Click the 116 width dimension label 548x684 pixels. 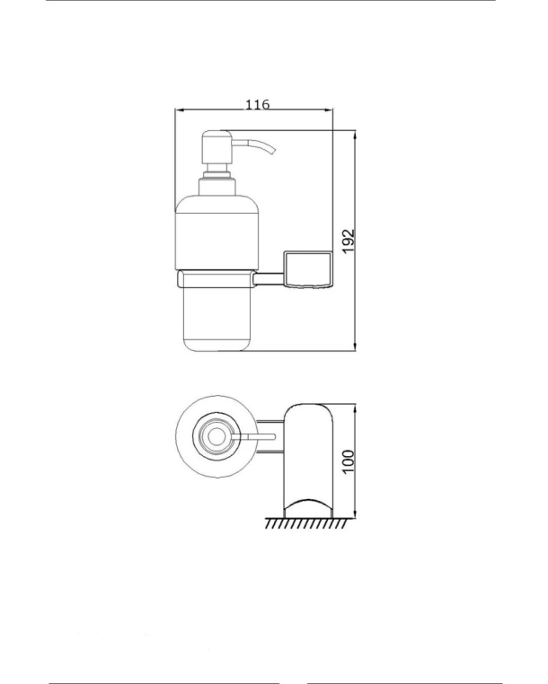(x=258, y=105)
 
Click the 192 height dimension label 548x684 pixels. (x=349, y=241)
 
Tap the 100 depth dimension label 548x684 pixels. (x=348, y=461)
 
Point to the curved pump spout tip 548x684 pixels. (x=273, y=152)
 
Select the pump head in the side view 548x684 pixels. (x=217, y=147)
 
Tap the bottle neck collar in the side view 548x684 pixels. (x=217, y=187)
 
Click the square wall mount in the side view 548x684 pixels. (x=308, y=270)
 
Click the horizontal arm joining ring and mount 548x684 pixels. (x=270, y=279)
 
